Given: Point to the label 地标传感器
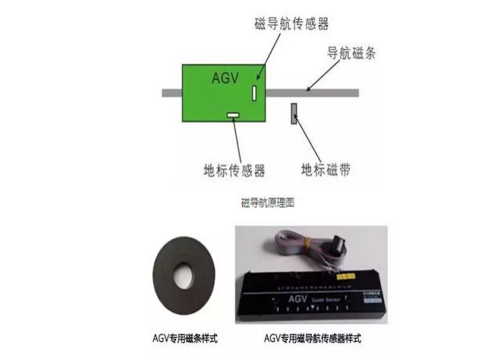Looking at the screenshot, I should coord(233,170).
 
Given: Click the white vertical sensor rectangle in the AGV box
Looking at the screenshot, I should coord(255,92).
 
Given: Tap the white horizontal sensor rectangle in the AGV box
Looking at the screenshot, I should coord(233,117).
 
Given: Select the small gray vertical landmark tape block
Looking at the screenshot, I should coord(293,114).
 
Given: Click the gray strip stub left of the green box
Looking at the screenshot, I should coord(171,93).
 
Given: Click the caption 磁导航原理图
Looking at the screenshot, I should coord(268,203).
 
